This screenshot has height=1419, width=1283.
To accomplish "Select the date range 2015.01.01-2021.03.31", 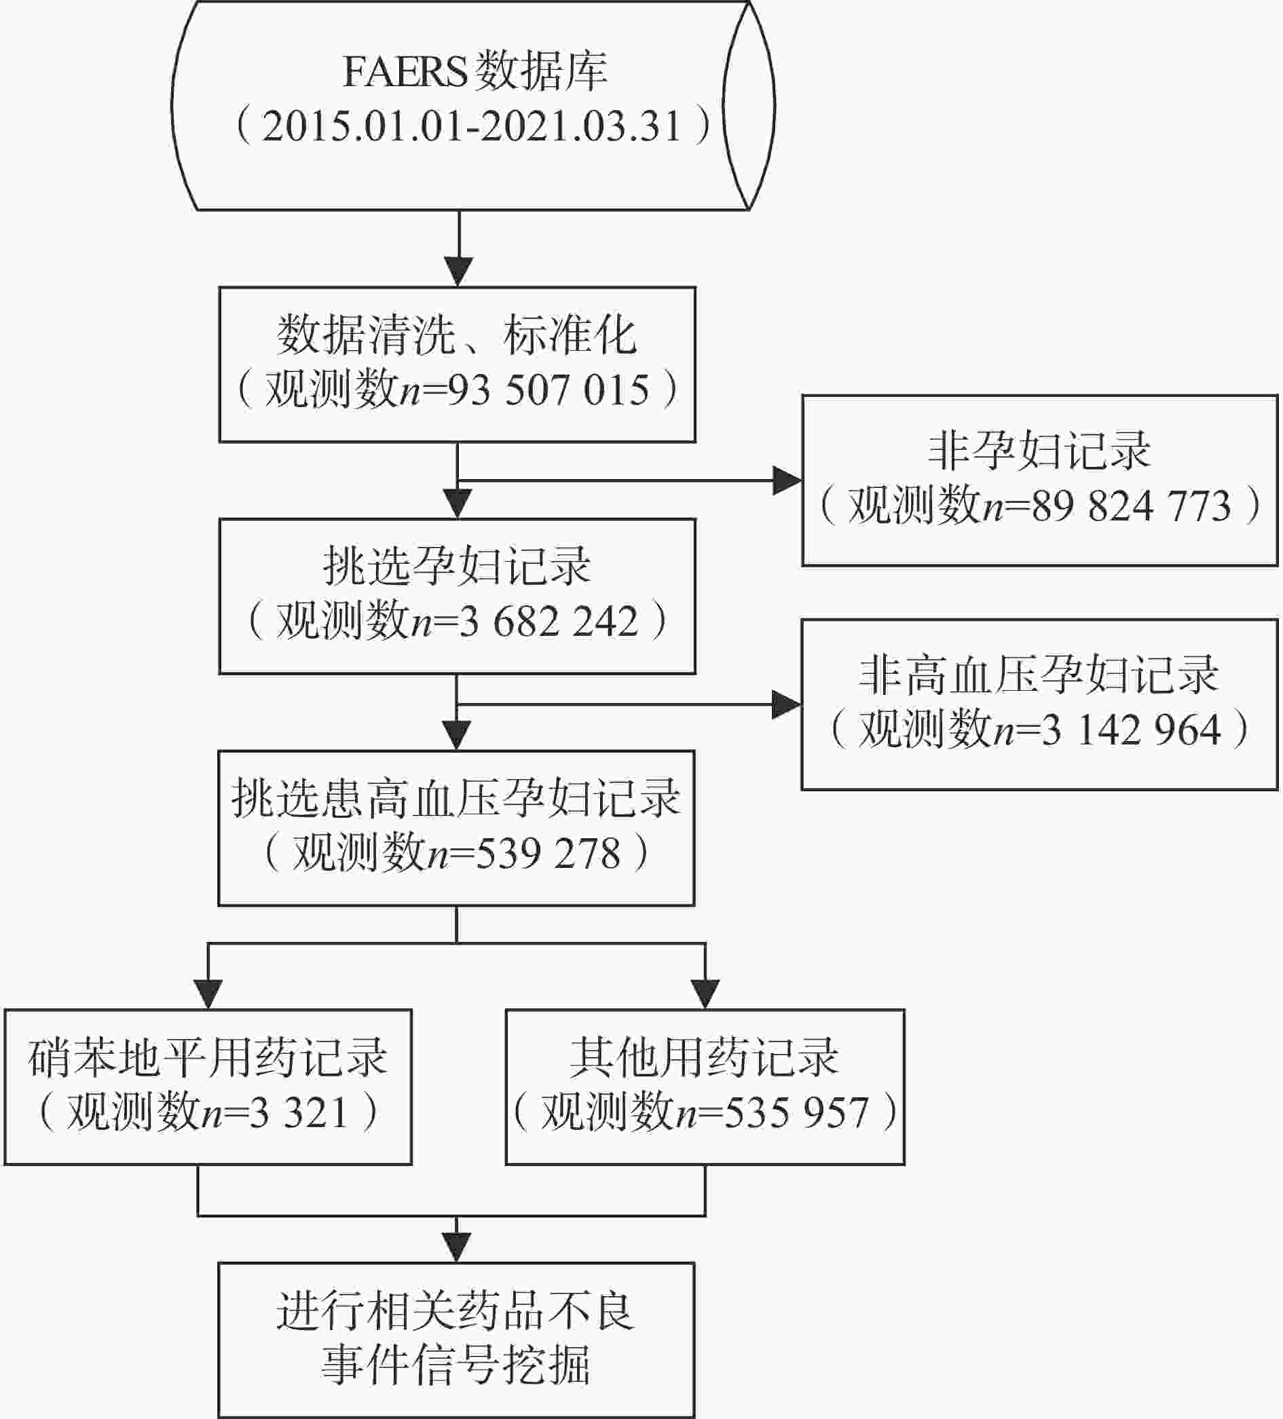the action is (x=472, y=127).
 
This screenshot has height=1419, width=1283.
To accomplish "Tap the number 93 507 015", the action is (x=548, y=390).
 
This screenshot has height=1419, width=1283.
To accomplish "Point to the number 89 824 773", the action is (x=1131, y=506).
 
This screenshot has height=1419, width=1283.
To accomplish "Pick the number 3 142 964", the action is (x=1131, y=730).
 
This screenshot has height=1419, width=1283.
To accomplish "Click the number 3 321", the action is (x=299, y=1112).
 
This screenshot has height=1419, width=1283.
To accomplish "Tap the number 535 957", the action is (x=796, y=1112).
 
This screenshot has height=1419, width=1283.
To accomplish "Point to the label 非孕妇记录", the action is (x=1039, y=450).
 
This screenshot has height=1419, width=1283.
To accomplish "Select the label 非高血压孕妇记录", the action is (x=1039, y=674).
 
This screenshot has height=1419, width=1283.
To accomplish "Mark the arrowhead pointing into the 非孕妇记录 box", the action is (x=787, y=480).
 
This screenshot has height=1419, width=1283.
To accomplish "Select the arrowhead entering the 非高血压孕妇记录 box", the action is (x=787, y=704).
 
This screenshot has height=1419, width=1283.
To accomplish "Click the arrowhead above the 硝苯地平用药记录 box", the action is (x=208, y=995).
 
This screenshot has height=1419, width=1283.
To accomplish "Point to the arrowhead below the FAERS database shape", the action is (x=458, y=271).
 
